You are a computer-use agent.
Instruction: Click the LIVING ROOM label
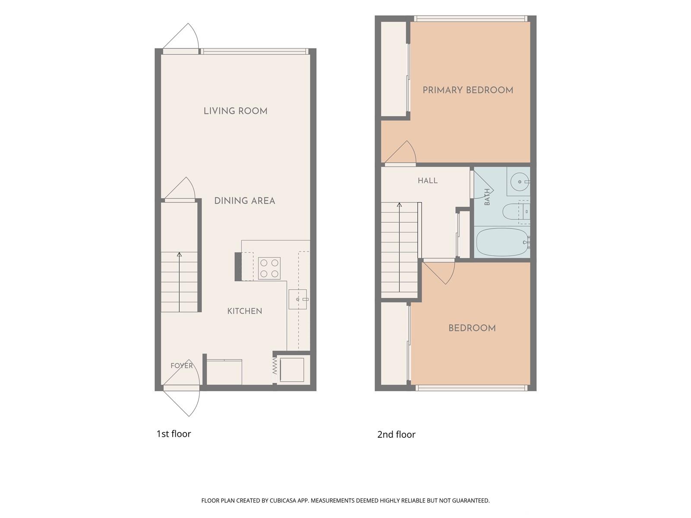coord(235,111)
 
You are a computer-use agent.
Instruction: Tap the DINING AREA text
coord(244,201)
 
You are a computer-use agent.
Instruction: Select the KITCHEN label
coord(244,311)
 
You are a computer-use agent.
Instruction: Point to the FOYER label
coord(182,366)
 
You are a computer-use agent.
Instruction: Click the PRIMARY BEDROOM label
coord(468,90)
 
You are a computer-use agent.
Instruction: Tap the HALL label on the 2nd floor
coord(428,180)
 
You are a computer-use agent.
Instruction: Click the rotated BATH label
coord(487,197)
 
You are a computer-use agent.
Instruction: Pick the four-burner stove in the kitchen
coord(269,268)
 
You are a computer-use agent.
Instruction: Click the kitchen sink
coord(298,299)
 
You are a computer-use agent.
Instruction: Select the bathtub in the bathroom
coord(502,242)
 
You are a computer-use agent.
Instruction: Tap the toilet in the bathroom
coord(516,212)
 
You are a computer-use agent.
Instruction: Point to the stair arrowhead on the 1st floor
coord(179,254)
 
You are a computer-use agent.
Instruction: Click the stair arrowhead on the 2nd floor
coord(399,205)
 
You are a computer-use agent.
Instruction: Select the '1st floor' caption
coord(174,434)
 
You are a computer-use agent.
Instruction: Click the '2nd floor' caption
coord(396,435)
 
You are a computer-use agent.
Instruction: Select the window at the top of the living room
coord(254,51)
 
